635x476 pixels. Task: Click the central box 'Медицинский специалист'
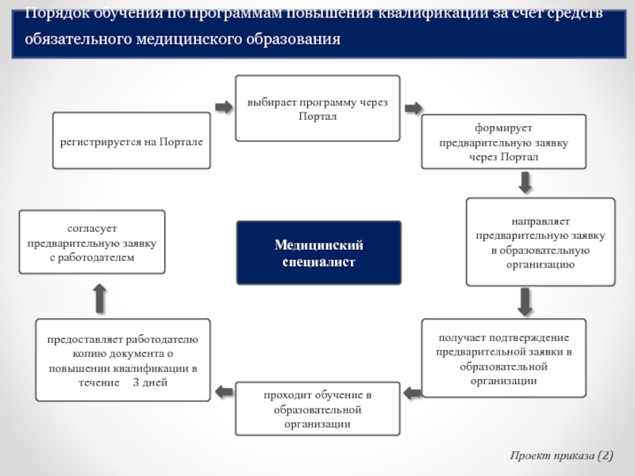[x=318, y=252]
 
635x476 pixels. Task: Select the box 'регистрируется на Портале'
[x=132, y=140]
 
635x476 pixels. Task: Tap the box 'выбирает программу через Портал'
[x=317, y=108]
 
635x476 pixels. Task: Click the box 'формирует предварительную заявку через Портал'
[x=503, y=141]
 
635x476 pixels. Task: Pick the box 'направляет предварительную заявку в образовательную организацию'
[x=540, y=241]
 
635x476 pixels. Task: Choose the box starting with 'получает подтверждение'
[x=503, y=358]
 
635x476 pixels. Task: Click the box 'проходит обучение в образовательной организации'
[x=317, y=408]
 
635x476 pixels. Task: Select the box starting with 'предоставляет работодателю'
[x=123, y=359]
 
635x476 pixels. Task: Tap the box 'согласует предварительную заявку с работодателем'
[x=92, y=242]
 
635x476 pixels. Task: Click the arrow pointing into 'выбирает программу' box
[x=224, y=106]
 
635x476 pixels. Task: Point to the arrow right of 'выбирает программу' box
[x=412, y=108]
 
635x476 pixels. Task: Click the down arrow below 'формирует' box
[x=525, y=182]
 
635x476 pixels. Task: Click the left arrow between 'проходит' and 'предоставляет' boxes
[x=224, y=390]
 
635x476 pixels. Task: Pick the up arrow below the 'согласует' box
[x=99, y=297]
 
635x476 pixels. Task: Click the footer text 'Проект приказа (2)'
[x=562, y=457]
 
